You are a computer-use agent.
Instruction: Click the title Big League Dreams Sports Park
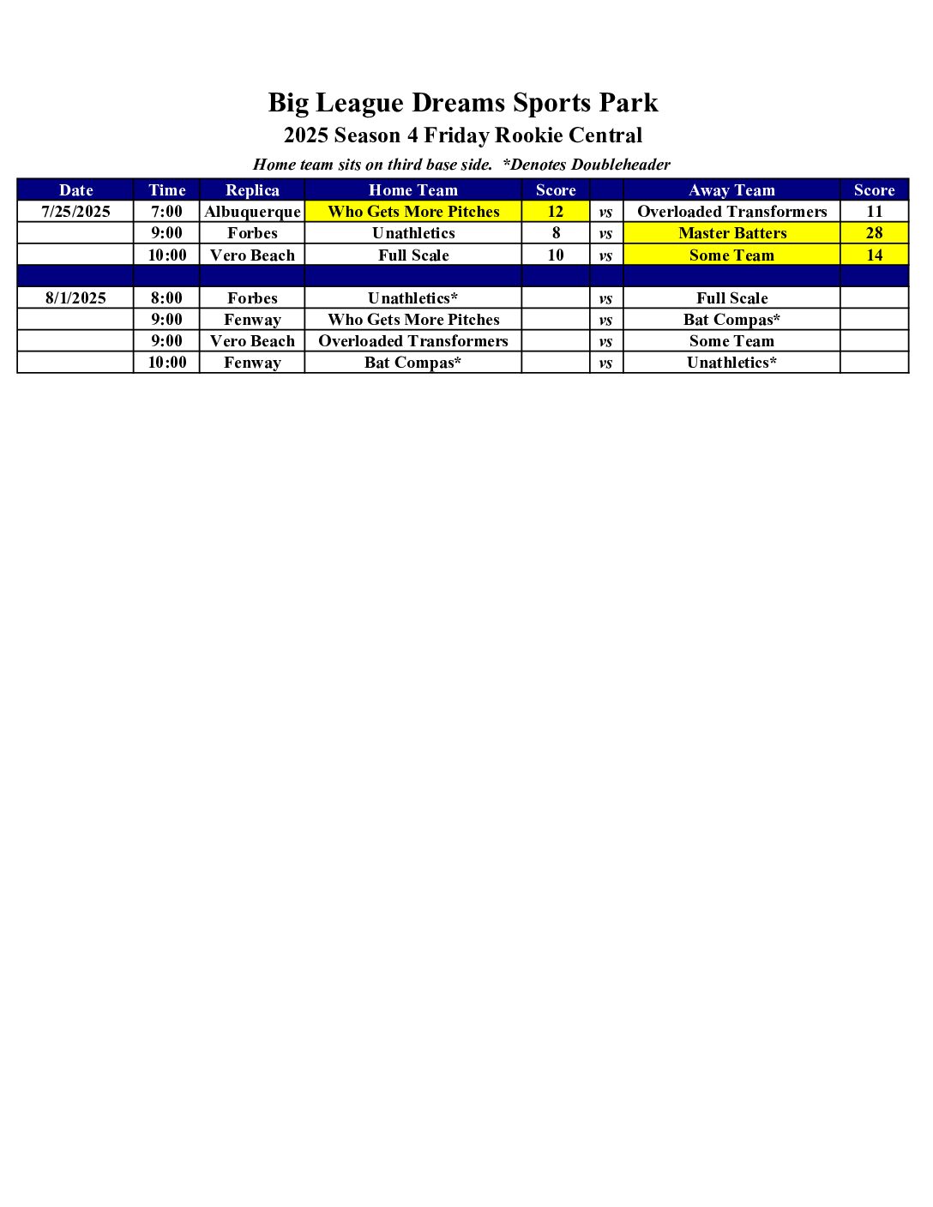(x=463, y=103)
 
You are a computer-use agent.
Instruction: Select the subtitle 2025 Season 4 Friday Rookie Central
(x=463, y=135)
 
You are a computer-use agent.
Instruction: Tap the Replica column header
(x=252, y=190)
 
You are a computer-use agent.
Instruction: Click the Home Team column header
(x=413, y=190)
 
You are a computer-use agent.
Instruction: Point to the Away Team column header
(x=731, y=190)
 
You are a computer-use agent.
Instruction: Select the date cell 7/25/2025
(x=75, y=212)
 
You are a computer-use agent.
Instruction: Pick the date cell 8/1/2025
(x=75, y=298)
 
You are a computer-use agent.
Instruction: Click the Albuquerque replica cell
(x=252, y=212)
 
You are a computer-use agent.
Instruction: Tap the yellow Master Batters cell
(x=731, y=233)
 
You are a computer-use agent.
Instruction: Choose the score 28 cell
(x=874, y=233)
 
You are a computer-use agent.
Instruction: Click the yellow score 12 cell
(x=556, y=212)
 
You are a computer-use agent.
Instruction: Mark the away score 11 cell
(x=874, y=212)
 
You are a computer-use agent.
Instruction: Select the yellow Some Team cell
(x=731, y=255)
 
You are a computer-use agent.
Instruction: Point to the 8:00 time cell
(x=166, y=298)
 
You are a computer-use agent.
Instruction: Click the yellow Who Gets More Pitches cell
(x=413, y=212)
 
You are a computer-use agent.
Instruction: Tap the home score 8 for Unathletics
(x=556, y=233)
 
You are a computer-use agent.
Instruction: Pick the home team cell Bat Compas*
(x=413, y=363)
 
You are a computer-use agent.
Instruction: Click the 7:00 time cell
(x=166, y=212)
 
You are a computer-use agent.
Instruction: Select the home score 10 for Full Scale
(x=556, y=255)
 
